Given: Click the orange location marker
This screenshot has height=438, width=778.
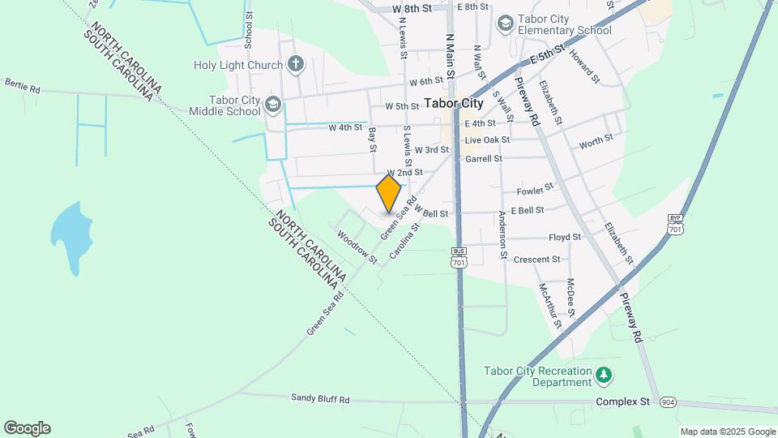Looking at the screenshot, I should [389, 194].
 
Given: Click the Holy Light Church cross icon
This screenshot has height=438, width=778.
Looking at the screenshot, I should [297, 64].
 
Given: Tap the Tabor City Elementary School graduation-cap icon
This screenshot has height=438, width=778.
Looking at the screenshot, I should [506, 24].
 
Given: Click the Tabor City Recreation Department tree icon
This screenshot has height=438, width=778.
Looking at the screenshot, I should [603, 375].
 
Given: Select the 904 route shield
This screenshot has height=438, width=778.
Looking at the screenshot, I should [668, 402].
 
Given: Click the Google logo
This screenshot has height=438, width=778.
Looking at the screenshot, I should [27, 428].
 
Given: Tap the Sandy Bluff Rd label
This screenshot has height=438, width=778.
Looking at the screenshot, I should [320, 399].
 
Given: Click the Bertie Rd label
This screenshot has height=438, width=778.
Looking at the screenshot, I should [22, 84].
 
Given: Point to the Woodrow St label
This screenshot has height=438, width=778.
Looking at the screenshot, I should [357, 247].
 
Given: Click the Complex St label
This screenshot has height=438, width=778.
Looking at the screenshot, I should [623, 401].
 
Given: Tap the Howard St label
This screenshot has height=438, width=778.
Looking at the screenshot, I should [583, 68].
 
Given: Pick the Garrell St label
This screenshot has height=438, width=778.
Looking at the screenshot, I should [482, 159].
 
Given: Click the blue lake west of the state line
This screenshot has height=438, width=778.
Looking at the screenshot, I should [68, 236].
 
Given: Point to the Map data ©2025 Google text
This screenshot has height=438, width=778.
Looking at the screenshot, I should [727, 432].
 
